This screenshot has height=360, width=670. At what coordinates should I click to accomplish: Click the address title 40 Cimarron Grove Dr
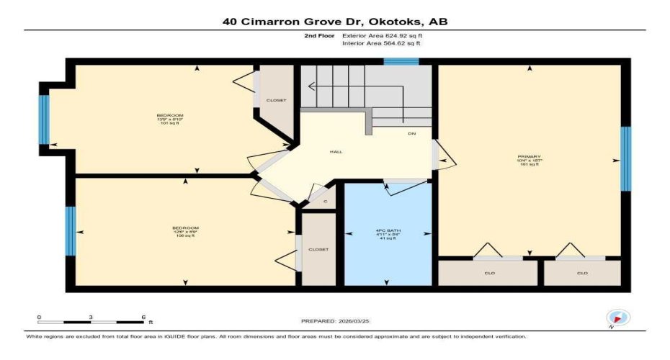coord(335,22)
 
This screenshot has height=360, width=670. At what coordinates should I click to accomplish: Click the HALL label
coord(336,152)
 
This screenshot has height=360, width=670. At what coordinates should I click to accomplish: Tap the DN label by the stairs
coord(411,134)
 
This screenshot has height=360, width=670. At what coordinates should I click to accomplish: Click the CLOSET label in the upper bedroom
coord(277,100)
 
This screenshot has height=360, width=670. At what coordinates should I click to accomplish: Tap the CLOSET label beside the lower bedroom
coord(318,249)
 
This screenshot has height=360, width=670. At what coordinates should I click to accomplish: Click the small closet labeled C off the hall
coord(325,202)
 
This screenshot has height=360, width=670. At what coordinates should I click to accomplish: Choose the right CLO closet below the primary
coord(582,273)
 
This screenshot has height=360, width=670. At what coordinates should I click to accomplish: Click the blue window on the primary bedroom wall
coord(625,159)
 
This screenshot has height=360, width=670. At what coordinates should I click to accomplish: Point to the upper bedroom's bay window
coord(44,120)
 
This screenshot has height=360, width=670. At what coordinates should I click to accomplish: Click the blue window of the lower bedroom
coord(70,231)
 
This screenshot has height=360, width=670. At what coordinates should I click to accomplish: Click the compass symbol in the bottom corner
coord(618,318)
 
